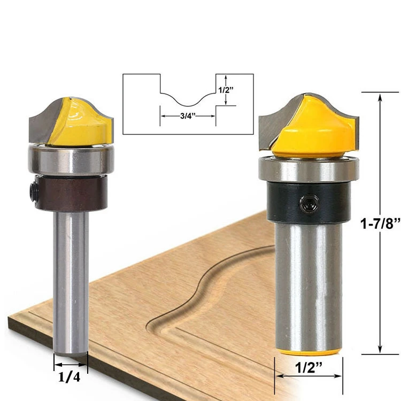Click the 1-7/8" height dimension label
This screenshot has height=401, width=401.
tap(380, 223)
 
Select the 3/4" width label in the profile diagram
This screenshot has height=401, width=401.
tap(188, 116)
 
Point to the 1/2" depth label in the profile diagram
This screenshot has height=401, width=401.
tap(226, 90)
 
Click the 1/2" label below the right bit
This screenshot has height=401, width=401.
tap(308, 368)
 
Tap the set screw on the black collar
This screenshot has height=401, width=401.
tap(309, 203)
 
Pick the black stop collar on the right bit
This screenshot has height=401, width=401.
tap(309, 202)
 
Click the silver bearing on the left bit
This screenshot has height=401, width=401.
tap(71, 160)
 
